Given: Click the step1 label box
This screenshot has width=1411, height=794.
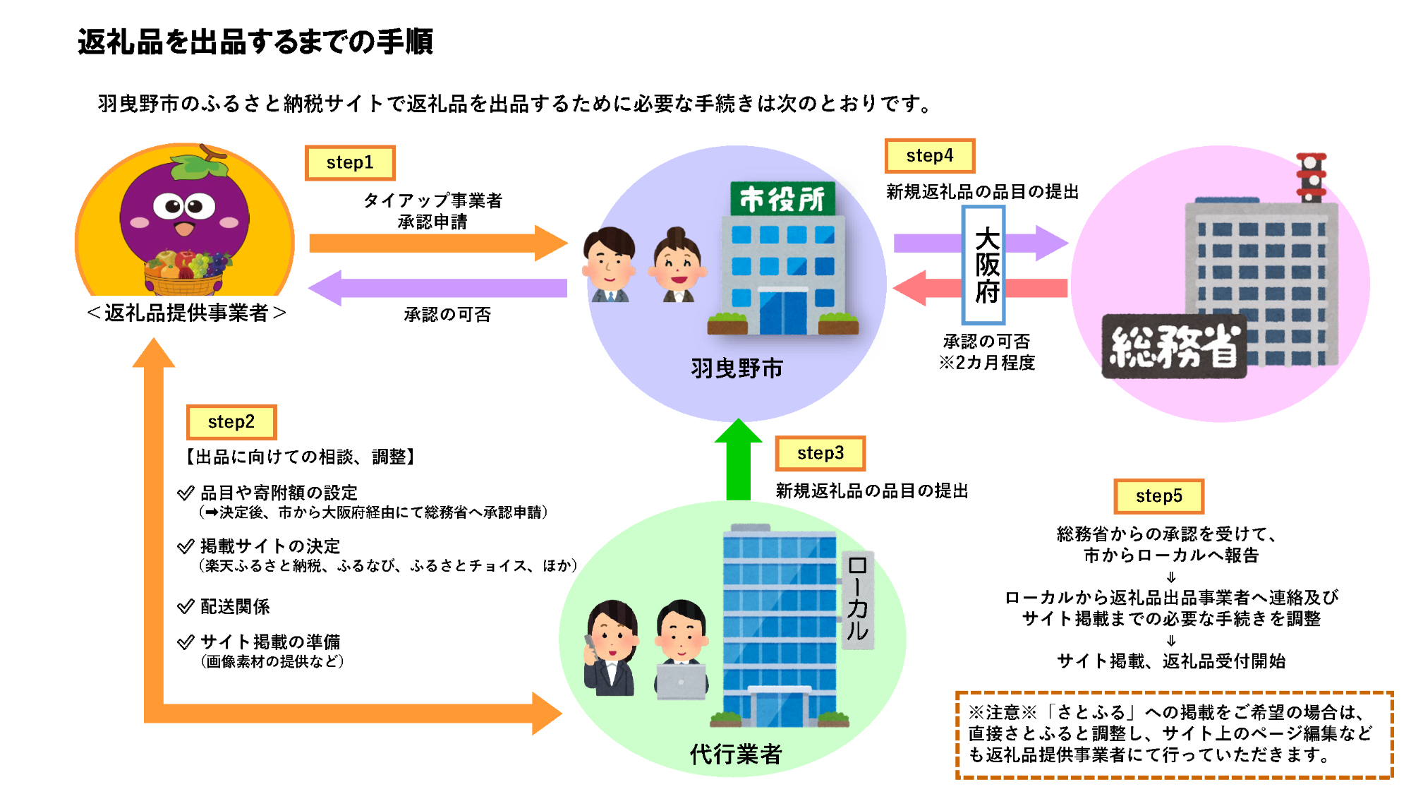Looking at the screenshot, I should pyautogui.click(x=350, y=163).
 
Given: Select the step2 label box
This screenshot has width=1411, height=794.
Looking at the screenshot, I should pyautogui.click(x=231, y=422).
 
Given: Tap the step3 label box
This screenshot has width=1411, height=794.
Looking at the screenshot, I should pyautogui.click(x=820, y=453).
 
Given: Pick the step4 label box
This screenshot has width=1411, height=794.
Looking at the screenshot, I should pyautogui.click(x=930, y=156).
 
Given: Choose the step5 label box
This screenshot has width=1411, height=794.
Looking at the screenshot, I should pyautogui.click(x=1159, y=496).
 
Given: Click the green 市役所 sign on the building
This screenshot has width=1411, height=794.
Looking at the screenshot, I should pyautogui.click(x=782, y=198).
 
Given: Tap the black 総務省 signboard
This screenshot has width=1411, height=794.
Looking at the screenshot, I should pyautogui.click(x=1174, y=346).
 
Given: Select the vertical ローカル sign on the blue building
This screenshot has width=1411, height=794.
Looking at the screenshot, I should pyautogui.click(x=858, y=600).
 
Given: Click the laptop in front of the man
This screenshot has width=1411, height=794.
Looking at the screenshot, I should pyautogui.click(x=681, y=681).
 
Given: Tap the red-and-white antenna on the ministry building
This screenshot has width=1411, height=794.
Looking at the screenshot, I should pyautogui.click(x=1312, y=176).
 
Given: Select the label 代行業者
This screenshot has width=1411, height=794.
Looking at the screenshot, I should pyautogui.click(x=736, y=754).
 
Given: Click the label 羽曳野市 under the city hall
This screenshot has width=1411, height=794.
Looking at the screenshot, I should pyautogui.click(x=737, y=368).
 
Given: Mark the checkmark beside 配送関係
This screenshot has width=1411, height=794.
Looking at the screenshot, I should pyautogui.click(x=186, y=606).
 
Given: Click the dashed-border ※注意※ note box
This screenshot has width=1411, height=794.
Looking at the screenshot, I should pyautogui.click(x=1174, y=735).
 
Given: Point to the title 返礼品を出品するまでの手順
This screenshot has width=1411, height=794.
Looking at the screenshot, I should pyautogui.click(x=255, y=42).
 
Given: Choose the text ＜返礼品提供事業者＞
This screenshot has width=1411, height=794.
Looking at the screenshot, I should pyautogui.click(x=186, y=313).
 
